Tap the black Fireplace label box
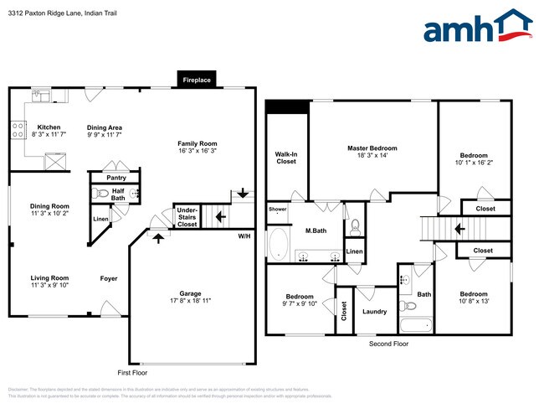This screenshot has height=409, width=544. point(197,80)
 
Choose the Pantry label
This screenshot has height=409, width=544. point(115,178)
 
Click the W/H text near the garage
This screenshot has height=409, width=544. point(244,236)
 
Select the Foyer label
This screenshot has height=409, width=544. point(109,279)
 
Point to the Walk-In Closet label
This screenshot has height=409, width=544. point(286,158)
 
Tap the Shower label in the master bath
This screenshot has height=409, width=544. point(277,210)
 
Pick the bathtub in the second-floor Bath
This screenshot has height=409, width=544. point(416,326)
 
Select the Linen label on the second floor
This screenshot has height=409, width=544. point(355,251)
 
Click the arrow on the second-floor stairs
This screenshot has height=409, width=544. point(459,227)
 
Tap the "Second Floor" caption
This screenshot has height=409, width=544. point(388,344)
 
